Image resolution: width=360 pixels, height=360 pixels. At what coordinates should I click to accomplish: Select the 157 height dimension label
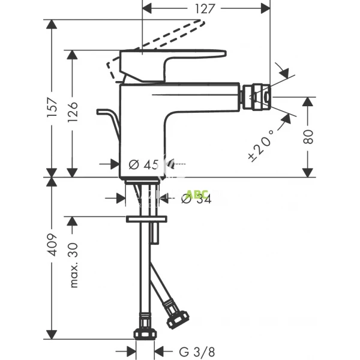[x=52, y=107]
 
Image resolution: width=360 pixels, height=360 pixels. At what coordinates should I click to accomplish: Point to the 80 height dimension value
[x=308, y=136]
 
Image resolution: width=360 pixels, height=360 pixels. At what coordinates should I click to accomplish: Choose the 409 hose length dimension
[x=52, y=244]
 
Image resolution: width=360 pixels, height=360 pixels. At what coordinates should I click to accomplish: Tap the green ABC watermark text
[x=197, y=194]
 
